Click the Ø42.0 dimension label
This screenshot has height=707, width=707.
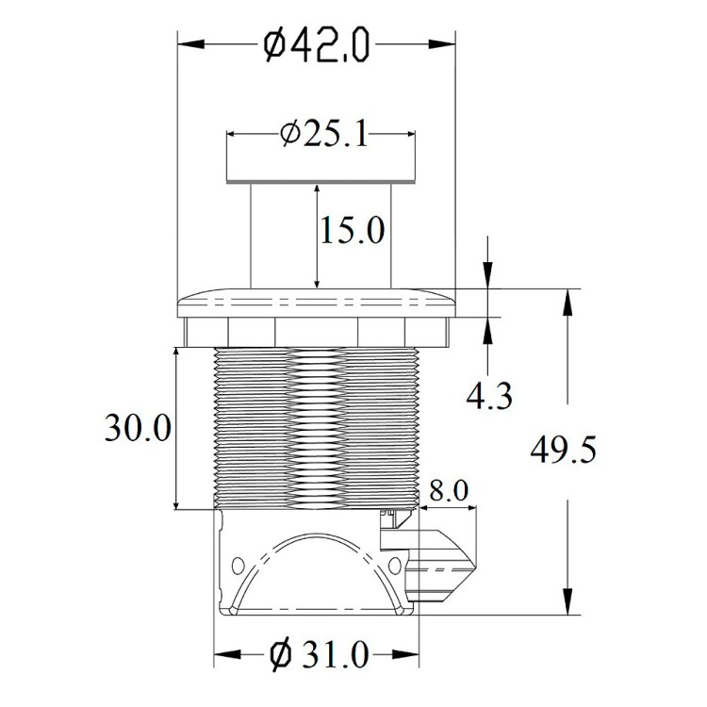(317, 44)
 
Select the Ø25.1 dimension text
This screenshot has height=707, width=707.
(323, 134)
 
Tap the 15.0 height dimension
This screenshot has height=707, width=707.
(353, 230)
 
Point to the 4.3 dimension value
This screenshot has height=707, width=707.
(489, 396)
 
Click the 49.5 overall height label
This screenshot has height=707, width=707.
(563, 450)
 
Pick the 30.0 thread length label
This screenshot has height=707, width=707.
(138, 427)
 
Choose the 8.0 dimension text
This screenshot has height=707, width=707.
(448, 490)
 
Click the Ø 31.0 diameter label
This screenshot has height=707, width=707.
(320, 655)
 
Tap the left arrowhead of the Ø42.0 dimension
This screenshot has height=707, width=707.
(191, 44)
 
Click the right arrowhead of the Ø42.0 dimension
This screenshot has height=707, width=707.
(442, 44)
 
